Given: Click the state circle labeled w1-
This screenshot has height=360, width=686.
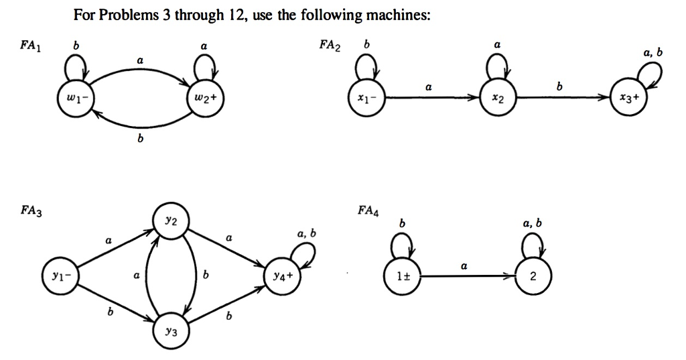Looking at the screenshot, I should (x=78, y=99).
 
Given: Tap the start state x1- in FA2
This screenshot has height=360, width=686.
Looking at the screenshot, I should (x=365, y=99).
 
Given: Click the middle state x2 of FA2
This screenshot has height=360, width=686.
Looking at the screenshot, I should (x=497, y=99).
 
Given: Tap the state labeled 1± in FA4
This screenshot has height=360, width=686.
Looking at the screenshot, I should (x=403, y=275).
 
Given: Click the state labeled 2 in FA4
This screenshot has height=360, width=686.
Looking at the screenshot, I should (x=533, y=275).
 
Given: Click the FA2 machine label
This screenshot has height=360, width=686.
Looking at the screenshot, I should (x=330, y=46).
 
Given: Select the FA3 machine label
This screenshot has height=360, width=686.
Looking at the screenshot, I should (x=31, y=211).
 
